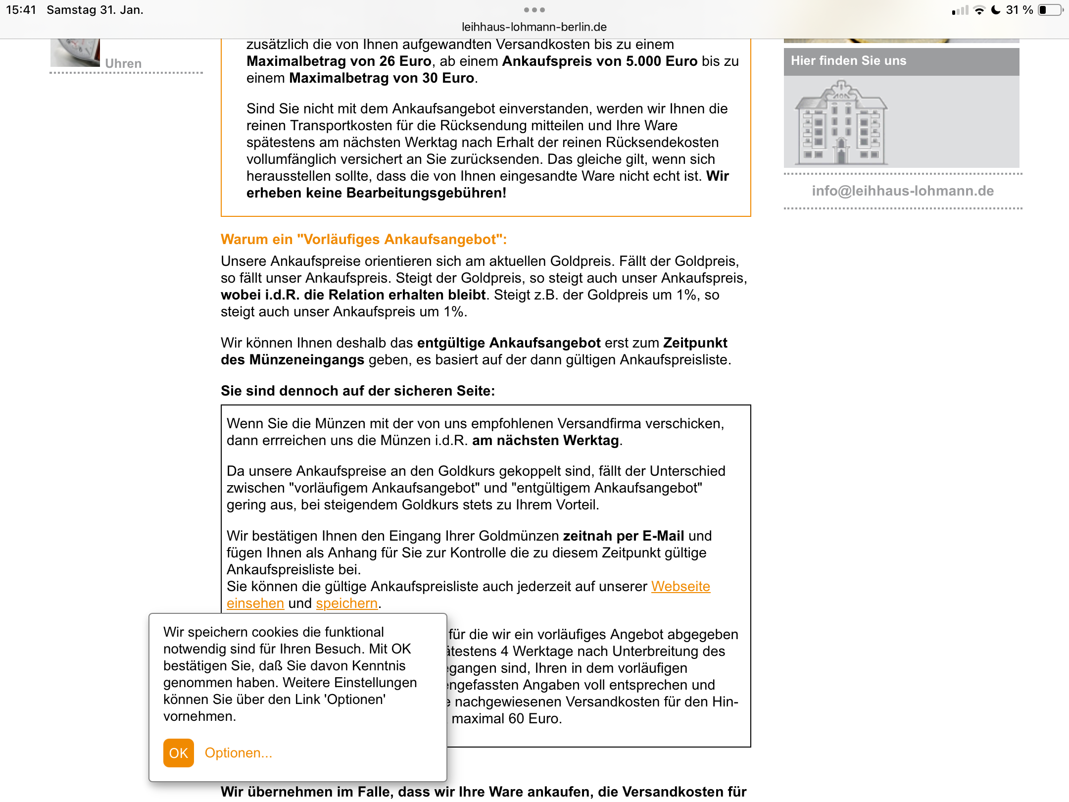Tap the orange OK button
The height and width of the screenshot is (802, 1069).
(178, 753)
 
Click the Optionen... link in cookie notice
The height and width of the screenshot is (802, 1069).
(239, 753)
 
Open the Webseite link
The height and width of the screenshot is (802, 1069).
(680, 587)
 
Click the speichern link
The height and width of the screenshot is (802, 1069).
(346, 603)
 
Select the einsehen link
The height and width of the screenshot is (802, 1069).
(255, 603)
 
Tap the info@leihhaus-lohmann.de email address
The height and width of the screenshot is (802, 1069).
(903, 191)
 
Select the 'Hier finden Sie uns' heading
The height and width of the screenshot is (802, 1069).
(848, 61)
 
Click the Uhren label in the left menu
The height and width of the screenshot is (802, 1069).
(123, 64)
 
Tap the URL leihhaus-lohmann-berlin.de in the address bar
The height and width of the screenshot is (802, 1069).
(534, 27)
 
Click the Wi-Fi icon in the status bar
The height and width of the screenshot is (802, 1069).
(979, 10)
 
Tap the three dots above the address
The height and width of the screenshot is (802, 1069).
(534, 10)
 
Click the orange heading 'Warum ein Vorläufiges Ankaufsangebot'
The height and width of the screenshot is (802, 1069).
(364, 240)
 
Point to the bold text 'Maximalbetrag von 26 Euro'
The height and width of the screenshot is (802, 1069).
(339, 61)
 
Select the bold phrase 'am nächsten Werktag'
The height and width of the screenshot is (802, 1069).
(545, 441)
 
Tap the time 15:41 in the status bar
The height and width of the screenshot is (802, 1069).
(21, 10)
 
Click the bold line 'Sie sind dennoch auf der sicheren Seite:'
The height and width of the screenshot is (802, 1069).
(358, 391)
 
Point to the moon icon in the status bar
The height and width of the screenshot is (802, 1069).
(996, 10)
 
